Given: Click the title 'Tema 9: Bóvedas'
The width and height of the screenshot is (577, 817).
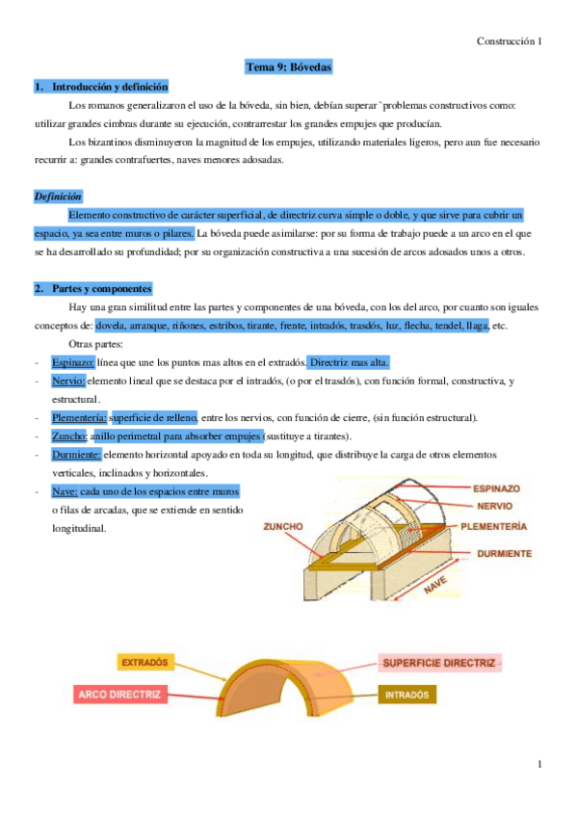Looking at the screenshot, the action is pyautogui.click(x=288, y=68).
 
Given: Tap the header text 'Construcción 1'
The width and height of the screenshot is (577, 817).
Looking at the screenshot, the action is pyautogui.click(x=511, y=41).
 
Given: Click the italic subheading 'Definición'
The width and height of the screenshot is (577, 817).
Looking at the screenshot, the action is pyautogui.click(x=58, y=196).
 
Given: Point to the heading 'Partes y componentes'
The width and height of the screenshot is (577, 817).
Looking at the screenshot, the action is pyautogui.click(x=101, y=288).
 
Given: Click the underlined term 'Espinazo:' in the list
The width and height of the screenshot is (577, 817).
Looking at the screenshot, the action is pyautogui.click(x=73, y=361).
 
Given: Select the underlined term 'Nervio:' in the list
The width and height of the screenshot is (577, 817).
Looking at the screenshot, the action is pyautogui.click(x=68, y=381).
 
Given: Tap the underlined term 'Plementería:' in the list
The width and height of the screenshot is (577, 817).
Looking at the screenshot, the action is pyautogui.click(x=79, y=417).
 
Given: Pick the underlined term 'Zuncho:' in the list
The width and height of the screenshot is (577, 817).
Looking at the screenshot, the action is pyautogui.click(x=69, y=435).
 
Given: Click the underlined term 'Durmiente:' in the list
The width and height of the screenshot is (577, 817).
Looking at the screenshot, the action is pyautogui.click(x=76, y=454).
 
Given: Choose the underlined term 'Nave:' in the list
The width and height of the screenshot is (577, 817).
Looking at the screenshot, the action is pyautogui.click(x=65, y=490).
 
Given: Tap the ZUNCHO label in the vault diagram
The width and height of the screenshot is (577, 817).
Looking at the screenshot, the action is pyautogui.click(x=284, y=527).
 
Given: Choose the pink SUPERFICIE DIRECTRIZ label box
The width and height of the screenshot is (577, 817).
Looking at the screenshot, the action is pyautogui.click(x=438, y=664).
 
